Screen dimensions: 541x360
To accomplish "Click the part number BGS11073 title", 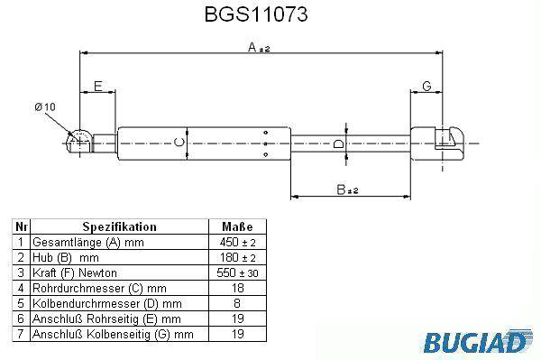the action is [x=256, y=14].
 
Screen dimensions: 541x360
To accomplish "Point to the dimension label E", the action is [x=98, y=86].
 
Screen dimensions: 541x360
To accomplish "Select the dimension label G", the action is [x=426, y=86].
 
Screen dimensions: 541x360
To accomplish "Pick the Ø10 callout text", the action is [x=45, y=106].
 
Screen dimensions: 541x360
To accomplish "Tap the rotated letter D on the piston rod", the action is [x=339, y=143].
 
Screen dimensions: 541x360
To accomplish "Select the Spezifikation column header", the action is [x=119, y=226].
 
